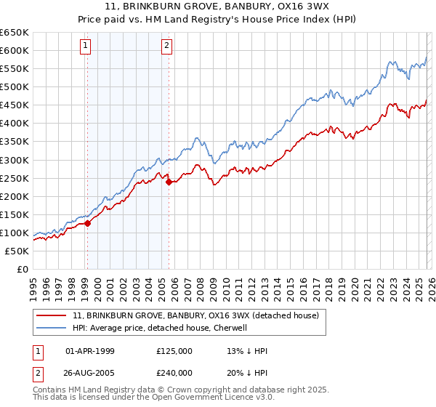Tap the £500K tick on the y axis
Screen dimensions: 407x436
pyautogui.click(x=14, y=87)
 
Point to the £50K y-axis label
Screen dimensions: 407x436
pyautogui.click(x=16, y=251)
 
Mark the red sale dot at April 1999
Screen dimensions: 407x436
pyautogui.click(x=87, y=223)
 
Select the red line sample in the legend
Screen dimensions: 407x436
pyautogui.click(x=52, y=316)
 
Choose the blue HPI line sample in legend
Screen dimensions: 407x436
pyautogui.click(x=52, y=329)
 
